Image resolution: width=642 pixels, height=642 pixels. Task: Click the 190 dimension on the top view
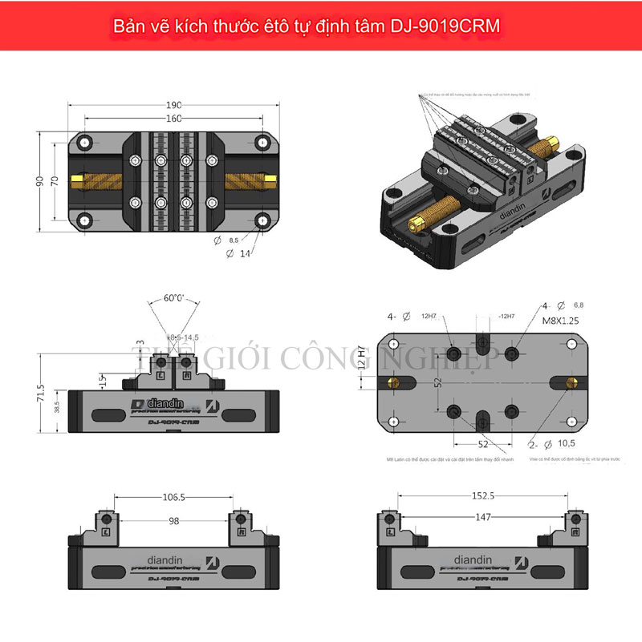click(x=175, y=105)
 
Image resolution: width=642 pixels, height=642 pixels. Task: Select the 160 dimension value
click(x=175, y=119)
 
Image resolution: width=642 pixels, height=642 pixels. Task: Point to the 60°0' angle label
click(x=174, y=298)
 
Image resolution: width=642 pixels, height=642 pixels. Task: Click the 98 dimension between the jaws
click(x=174, y=520)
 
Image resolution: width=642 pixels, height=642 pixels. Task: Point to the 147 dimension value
click(x=482, y=519)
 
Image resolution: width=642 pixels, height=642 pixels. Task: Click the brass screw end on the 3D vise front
click(x=412, y=218)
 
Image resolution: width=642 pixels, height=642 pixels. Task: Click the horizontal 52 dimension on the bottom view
click(x=482, y=442)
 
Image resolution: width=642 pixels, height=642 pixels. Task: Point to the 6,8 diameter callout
click(x=576, y=305)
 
